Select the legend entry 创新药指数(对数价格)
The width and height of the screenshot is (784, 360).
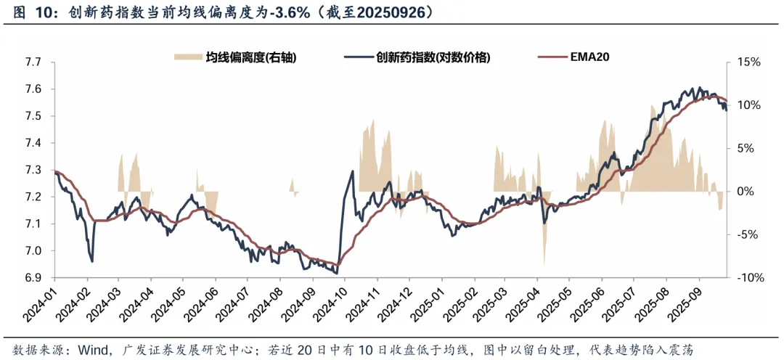433,57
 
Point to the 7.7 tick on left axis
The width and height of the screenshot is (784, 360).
33,62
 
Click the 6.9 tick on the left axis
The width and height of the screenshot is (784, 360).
33,278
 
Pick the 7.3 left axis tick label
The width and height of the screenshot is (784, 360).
33,170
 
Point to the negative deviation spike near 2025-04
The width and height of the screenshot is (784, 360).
544,250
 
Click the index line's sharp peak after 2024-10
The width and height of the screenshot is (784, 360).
353,172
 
